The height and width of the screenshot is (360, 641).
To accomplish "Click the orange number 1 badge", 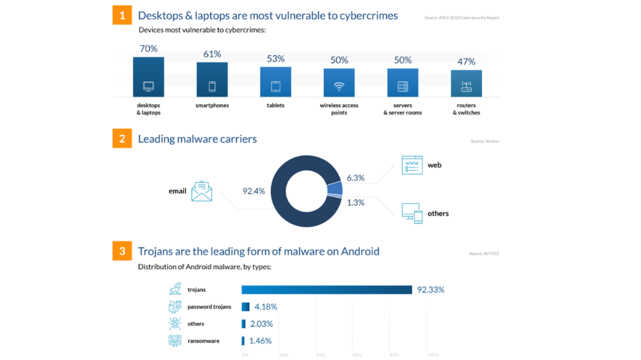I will pos(122,15).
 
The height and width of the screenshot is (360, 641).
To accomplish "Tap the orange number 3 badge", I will pos(122,251).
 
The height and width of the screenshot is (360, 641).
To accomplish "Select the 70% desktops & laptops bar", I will pos(148,77).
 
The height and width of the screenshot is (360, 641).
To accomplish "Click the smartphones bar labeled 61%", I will pos(212,80).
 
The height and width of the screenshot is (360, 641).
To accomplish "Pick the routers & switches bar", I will pos(466,84).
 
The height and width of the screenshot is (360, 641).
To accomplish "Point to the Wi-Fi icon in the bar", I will pos(339,86).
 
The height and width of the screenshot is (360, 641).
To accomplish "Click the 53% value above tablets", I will pos(275,59).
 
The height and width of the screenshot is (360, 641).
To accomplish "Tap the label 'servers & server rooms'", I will pos(402,109).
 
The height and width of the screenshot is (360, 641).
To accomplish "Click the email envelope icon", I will pos(201,191).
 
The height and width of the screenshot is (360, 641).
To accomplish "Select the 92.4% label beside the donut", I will pos(254,191).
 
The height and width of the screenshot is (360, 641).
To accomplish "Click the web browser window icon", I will pos(412,165).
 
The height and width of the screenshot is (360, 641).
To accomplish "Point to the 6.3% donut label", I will pos(356,178).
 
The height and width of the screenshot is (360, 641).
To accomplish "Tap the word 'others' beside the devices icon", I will pos(438,213).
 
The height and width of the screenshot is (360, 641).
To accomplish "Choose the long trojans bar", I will pos(326,289).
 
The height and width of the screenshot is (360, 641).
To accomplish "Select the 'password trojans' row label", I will pos(209,306).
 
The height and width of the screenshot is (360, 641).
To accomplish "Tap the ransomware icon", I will pos(175,340).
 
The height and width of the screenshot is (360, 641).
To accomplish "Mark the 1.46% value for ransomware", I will pos(260,340).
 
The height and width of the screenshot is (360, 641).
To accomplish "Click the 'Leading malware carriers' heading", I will pos(198,139).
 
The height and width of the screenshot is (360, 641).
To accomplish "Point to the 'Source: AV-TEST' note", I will pos(484,253).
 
